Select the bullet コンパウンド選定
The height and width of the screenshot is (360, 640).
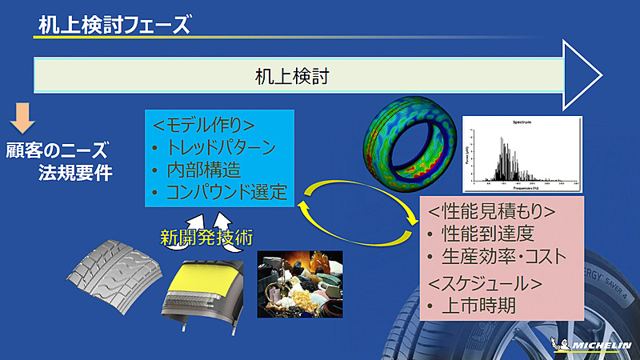[x=226, y=192]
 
